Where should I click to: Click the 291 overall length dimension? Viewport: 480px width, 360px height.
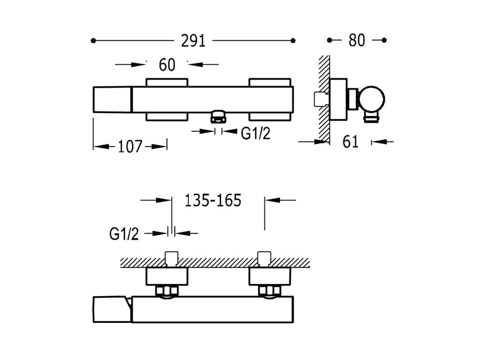194,41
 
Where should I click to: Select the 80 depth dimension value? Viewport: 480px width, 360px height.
356,41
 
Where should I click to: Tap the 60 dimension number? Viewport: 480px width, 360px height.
167,65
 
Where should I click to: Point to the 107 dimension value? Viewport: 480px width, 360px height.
129,147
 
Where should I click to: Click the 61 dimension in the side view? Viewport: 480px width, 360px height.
351,141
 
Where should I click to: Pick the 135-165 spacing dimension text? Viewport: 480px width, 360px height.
212,201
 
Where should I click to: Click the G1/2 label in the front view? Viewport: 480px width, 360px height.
256,134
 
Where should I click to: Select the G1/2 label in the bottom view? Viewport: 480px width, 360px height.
124,233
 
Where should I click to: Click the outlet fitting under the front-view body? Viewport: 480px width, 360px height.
218,116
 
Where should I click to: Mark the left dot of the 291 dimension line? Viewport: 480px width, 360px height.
93,41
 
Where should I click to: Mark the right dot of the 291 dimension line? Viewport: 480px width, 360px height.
293,41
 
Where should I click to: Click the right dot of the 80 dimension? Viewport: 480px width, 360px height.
384,41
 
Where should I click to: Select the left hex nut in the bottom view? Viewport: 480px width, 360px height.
166,291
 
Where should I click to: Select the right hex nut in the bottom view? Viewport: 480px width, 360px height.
269,291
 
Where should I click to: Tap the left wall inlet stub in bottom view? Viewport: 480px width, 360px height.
172,258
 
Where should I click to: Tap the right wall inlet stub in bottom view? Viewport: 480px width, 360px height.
264,258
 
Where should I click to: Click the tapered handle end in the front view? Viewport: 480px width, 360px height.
112,99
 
